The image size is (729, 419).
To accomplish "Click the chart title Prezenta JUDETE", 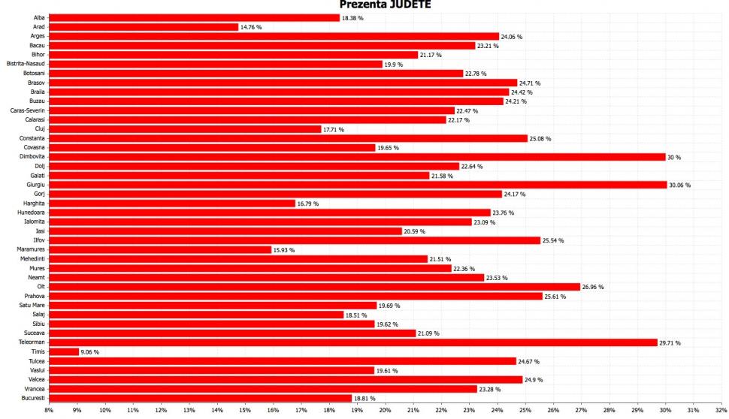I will point(386,5).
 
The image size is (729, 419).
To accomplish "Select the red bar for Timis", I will point(64,351).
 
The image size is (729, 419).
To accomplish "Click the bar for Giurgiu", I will point(358,185).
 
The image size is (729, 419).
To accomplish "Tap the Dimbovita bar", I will point(357,157).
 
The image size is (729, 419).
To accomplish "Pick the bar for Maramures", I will point(160,249).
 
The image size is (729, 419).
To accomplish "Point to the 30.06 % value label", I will point(679,185).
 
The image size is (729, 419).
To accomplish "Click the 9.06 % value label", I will point(89,351).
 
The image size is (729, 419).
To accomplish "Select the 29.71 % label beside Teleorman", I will point(670,342).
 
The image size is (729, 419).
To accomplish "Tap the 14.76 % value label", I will point(252,27).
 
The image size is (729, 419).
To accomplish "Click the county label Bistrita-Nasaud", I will point(26,64).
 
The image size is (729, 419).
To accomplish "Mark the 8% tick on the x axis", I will point(49,410).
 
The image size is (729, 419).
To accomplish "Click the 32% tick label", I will point(721,410).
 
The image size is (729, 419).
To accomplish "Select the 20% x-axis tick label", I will point(385,410).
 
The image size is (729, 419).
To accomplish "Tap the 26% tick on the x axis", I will point(553,410).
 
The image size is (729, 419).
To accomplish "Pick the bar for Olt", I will point(315,287).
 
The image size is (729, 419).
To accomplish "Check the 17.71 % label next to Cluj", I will point(334,129).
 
